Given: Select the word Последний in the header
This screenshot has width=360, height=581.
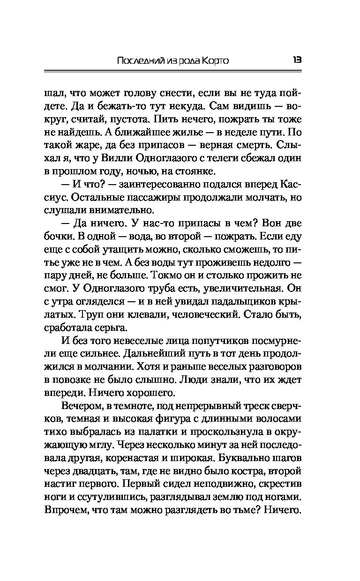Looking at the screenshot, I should coord(136,61).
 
